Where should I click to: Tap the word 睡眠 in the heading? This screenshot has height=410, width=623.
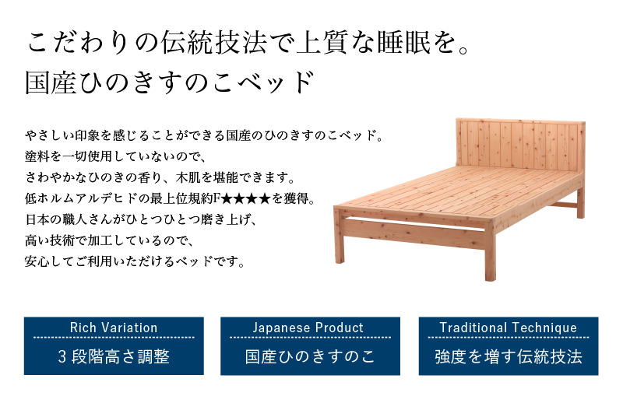(403, 43)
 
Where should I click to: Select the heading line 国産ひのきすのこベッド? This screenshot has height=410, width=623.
(170, 82)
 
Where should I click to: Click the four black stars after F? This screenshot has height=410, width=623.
(245, 198)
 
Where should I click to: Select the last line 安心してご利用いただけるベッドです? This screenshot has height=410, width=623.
(135, 261)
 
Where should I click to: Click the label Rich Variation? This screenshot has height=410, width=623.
(114, 328)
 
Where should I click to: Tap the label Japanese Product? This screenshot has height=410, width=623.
(308, 328)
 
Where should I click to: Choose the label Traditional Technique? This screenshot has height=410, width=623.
(509, 328)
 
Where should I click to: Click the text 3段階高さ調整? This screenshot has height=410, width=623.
(114, 356)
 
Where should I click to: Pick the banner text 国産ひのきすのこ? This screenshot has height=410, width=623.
(310, 356)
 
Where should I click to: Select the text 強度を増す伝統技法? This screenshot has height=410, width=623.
(509, 356)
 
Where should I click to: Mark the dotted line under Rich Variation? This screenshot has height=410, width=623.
(114, 338)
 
